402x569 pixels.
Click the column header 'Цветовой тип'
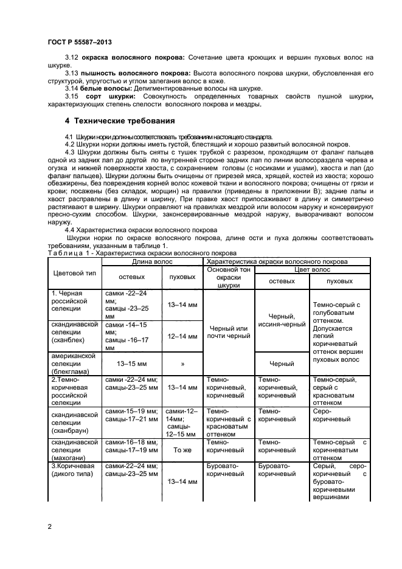coord(75,271)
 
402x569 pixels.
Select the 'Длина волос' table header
coord(152,261)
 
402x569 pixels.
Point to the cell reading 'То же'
coord(182,450)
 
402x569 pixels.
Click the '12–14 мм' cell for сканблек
coord(182,336)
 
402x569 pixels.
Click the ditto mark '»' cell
coord(182,364)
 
